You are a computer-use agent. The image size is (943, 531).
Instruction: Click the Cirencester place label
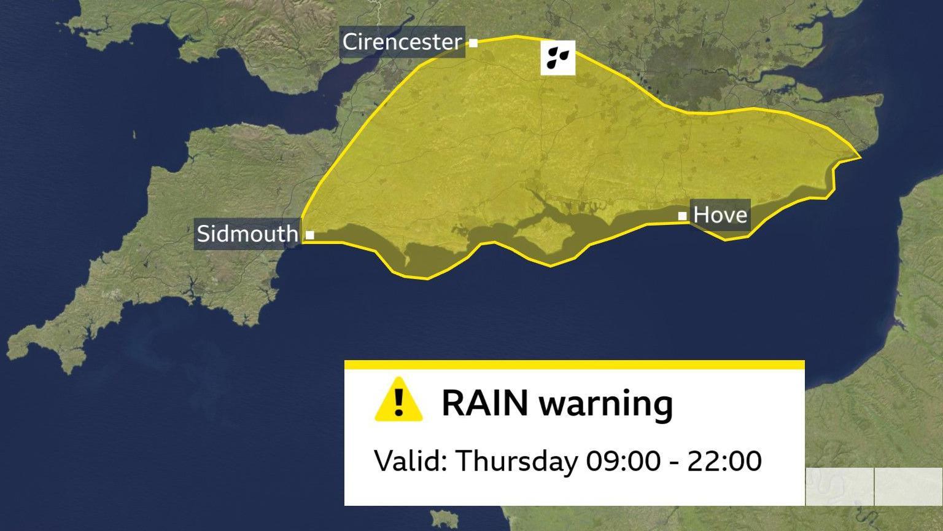coord(402,42)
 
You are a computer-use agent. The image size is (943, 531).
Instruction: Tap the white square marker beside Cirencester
coord(473,43)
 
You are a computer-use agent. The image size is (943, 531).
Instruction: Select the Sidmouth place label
coord(247,234)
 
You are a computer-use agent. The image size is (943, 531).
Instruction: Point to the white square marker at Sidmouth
coord(310,235)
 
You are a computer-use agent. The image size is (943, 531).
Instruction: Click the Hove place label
coord(720,214)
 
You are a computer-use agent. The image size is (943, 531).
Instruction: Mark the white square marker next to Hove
coord(682,216)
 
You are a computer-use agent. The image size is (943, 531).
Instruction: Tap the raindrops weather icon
coord(557,58)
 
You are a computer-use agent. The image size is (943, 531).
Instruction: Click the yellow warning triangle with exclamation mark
coord(398,401)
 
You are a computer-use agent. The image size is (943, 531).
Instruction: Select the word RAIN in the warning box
coord(484,403)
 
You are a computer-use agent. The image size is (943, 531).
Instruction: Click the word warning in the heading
coord(605,404)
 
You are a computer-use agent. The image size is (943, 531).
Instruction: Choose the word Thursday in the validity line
coord(516,461)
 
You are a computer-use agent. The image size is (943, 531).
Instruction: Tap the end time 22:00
coord(724,460)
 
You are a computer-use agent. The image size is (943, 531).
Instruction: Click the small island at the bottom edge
coord(444,519)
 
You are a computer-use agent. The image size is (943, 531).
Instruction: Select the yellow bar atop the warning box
coord(574,364)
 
